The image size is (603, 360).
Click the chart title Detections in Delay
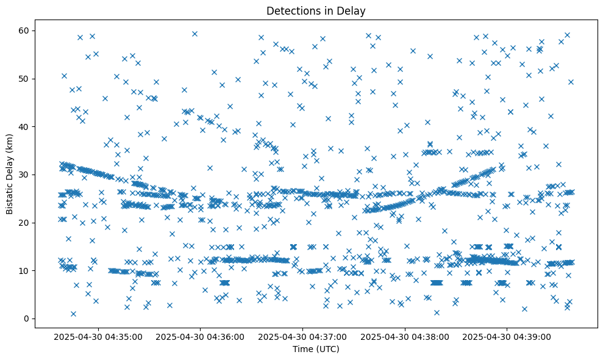316,10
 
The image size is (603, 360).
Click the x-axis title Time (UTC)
316,349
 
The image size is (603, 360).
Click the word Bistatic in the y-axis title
10,195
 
